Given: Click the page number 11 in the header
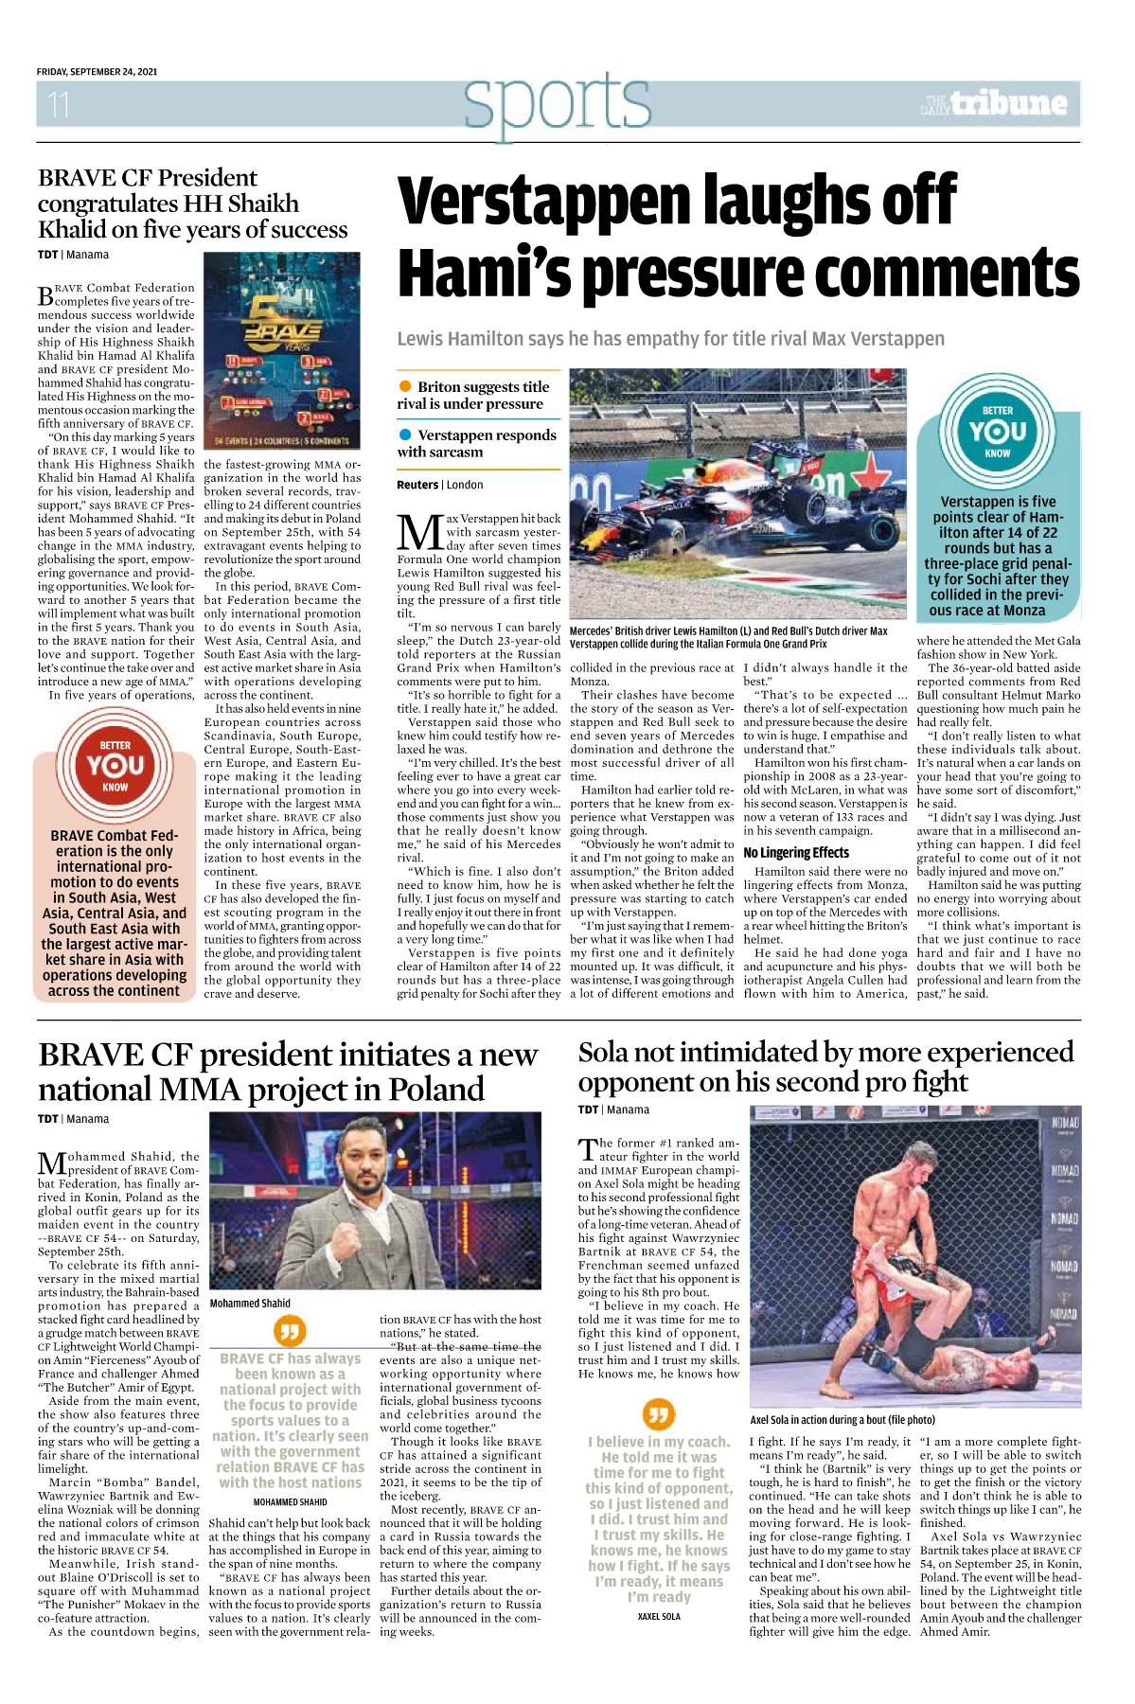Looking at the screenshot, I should point(59,104).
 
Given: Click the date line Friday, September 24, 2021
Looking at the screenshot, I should point(97,72).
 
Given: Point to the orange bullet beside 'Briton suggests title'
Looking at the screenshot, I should point(405,386).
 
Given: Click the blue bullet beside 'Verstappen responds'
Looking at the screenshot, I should point(405,435).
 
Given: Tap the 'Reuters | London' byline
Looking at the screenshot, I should point(439,485).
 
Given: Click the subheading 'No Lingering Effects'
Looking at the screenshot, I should point(796,852).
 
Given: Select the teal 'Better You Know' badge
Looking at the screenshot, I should point(997,432).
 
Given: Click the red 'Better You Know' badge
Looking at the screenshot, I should point(115,765).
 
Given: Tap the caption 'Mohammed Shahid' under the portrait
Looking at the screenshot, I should point(250,1303).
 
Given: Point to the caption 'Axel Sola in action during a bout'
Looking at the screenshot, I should point(842,1420).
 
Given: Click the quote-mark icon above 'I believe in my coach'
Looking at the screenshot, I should point(658,1414).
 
